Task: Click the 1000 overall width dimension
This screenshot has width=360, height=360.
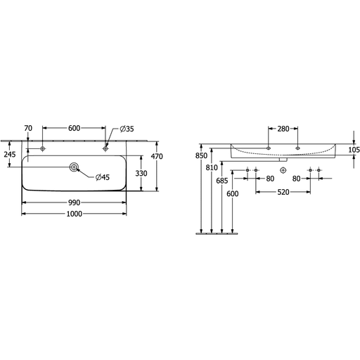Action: (x=75, y=214)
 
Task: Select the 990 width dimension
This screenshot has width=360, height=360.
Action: (x=75, y=202)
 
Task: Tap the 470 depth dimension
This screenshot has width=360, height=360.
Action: (x=157, y=156)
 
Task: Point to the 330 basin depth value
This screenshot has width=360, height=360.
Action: (x=141, y=174)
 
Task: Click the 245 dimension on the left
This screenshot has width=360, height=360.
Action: (x=10, y=155)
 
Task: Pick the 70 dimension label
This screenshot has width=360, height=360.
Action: (x=28, y=128)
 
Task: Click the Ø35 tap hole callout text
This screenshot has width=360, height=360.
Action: (x=127, y=129)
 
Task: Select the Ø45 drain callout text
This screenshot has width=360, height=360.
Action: (x=103, y=177)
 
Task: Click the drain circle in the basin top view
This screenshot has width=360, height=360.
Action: (x=74, y=167)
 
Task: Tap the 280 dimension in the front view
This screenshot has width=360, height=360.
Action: (x=283, y=129)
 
